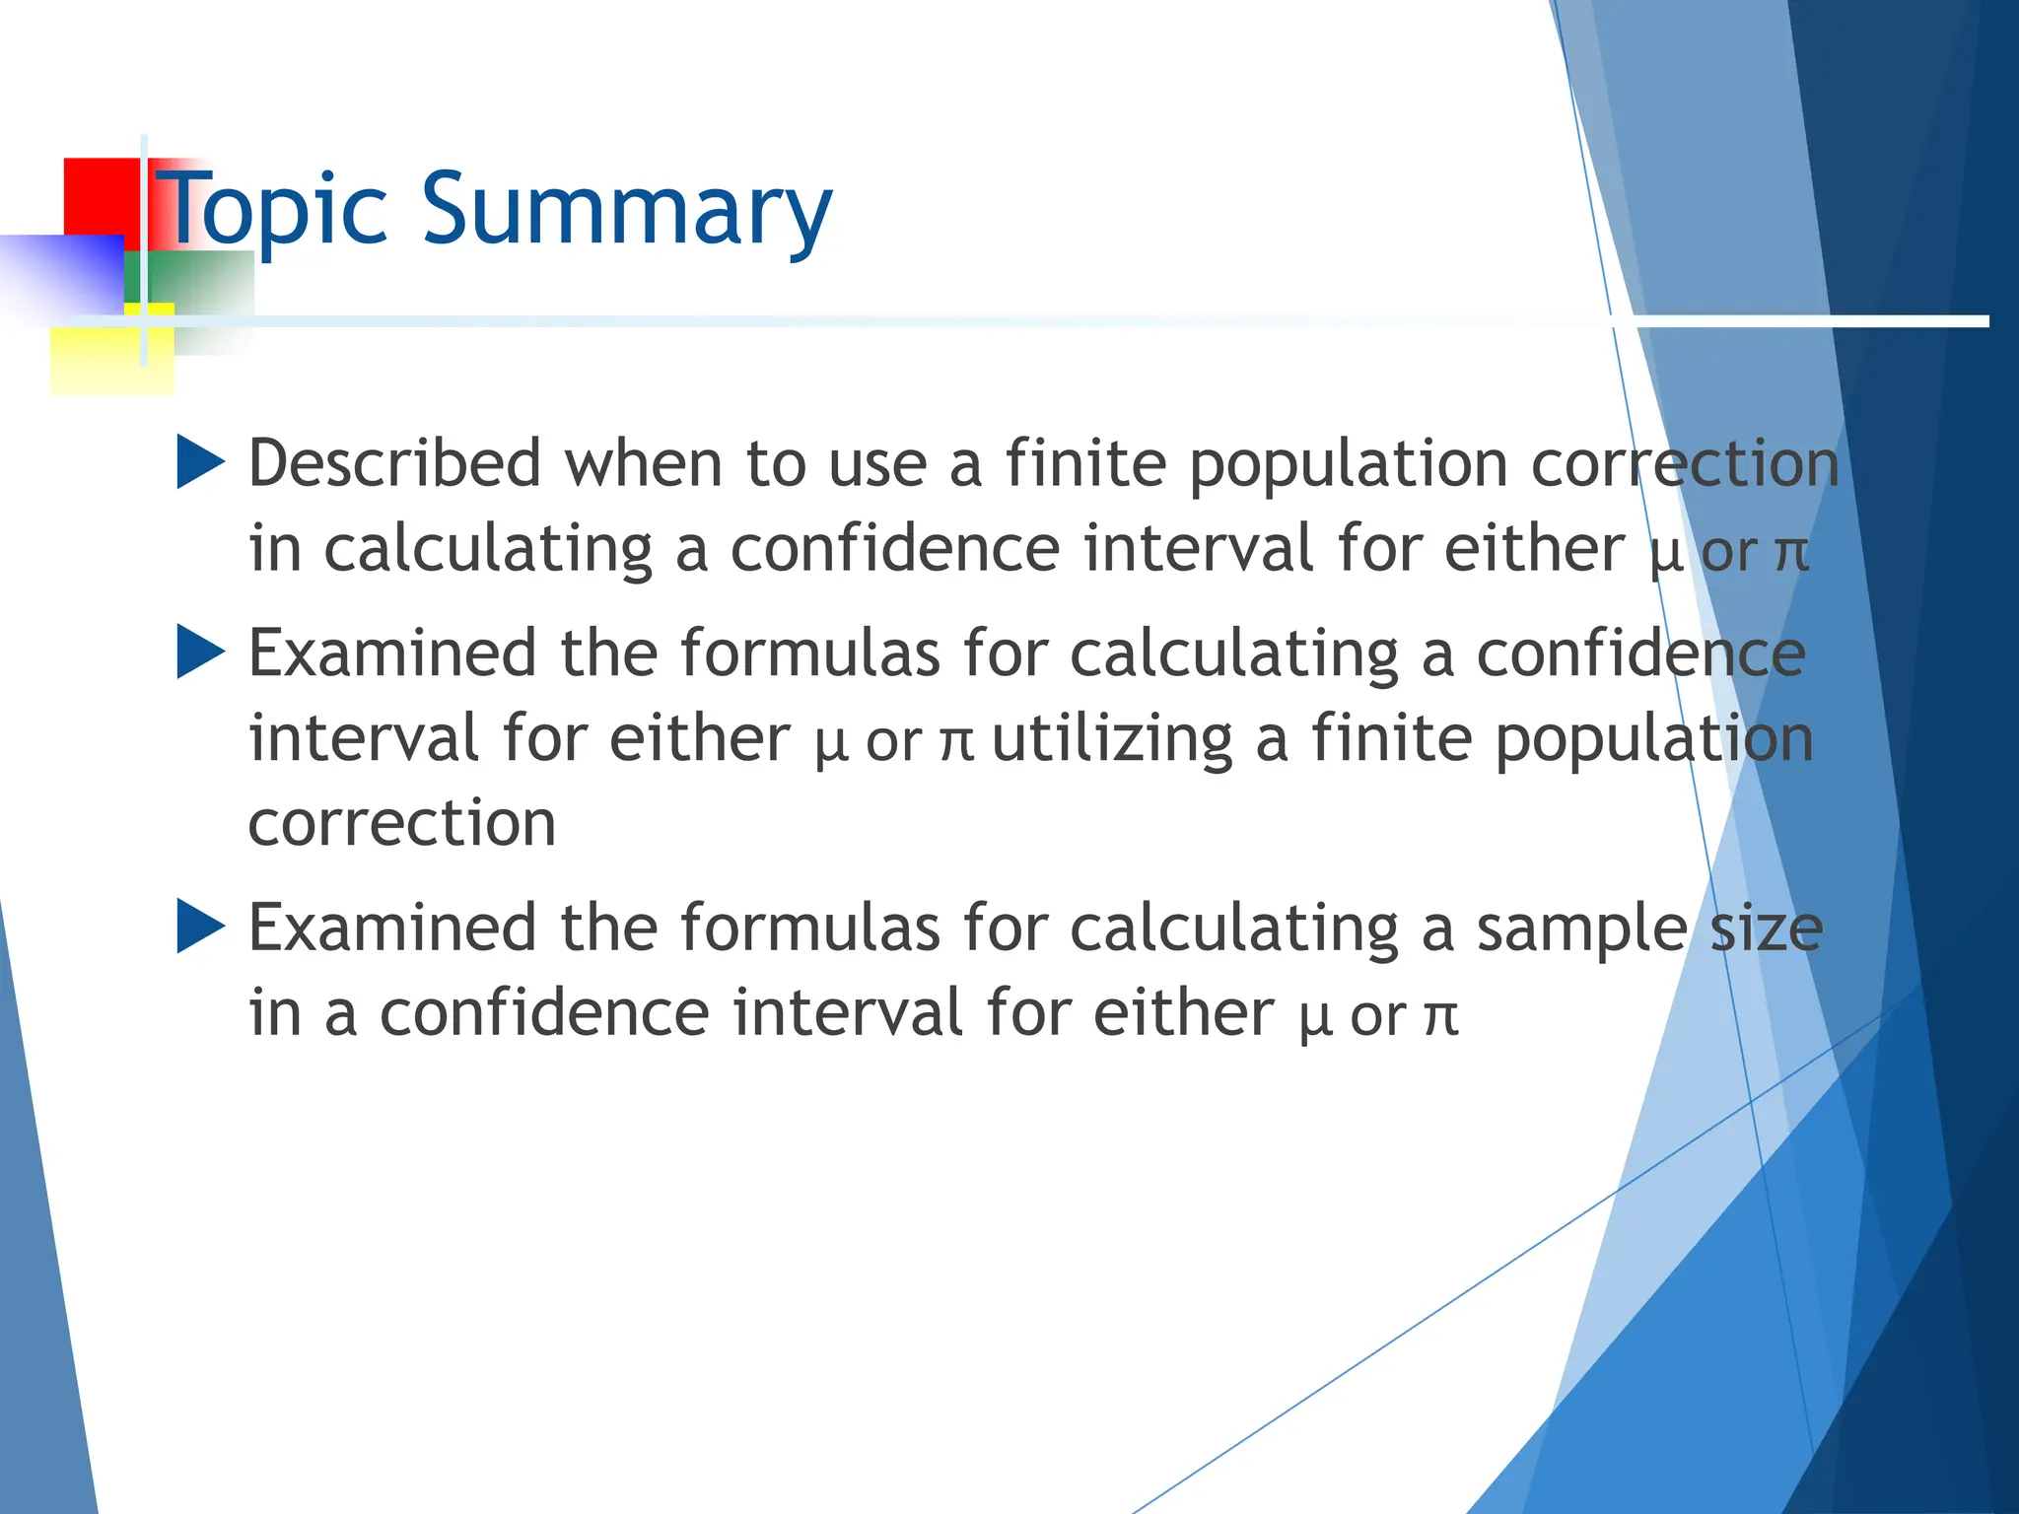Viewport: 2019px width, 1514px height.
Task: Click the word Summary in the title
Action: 628,210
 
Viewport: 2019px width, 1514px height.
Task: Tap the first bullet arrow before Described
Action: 201,462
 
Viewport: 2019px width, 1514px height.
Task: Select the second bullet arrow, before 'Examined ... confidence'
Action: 201,653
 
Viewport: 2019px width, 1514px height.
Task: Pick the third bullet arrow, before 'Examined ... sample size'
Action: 201,927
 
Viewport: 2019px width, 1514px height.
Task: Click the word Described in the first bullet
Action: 394,462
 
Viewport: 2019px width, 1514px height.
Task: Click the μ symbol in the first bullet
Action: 1665,552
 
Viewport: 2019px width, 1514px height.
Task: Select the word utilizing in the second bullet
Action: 1112,739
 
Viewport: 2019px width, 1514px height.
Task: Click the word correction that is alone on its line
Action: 402,823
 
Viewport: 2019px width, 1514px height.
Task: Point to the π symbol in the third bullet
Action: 1441,1015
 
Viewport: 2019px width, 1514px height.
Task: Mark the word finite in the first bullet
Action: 1085,462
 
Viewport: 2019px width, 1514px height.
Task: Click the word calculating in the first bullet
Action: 488,550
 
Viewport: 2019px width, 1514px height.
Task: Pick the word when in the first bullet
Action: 643,462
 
